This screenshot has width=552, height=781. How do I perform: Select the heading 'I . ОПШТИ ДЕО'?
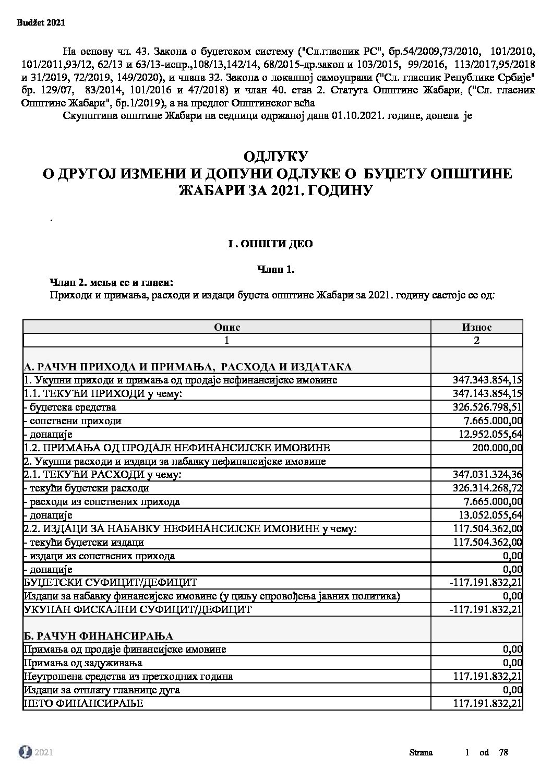point(271,244)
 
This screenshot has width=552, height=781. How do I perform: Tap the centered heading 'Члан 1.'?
point(277,270)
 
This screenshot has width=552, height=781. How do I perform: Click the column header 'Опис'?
point(227,327)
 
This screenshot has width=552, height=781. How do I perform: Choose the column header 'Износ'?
point(476,327)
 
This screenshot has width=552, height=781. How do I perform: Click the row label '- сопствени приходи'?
point(73,420)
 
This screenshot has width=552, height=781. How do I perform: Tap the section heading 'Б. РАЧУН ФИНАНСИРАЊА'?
point(99,635)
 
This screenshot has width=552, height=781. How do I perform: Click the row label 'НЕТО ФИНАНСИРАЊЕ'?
point(83,704)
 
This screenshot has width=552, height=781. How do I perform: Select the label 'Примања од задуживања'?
point(83,663)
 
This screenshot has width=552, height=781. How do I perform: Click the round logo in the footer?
point(25,752)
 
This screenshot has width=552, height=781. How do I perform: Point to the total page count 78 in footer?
point(503,752)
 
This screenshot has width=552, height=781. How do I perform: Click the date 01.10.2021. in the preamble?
point(354,116)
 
